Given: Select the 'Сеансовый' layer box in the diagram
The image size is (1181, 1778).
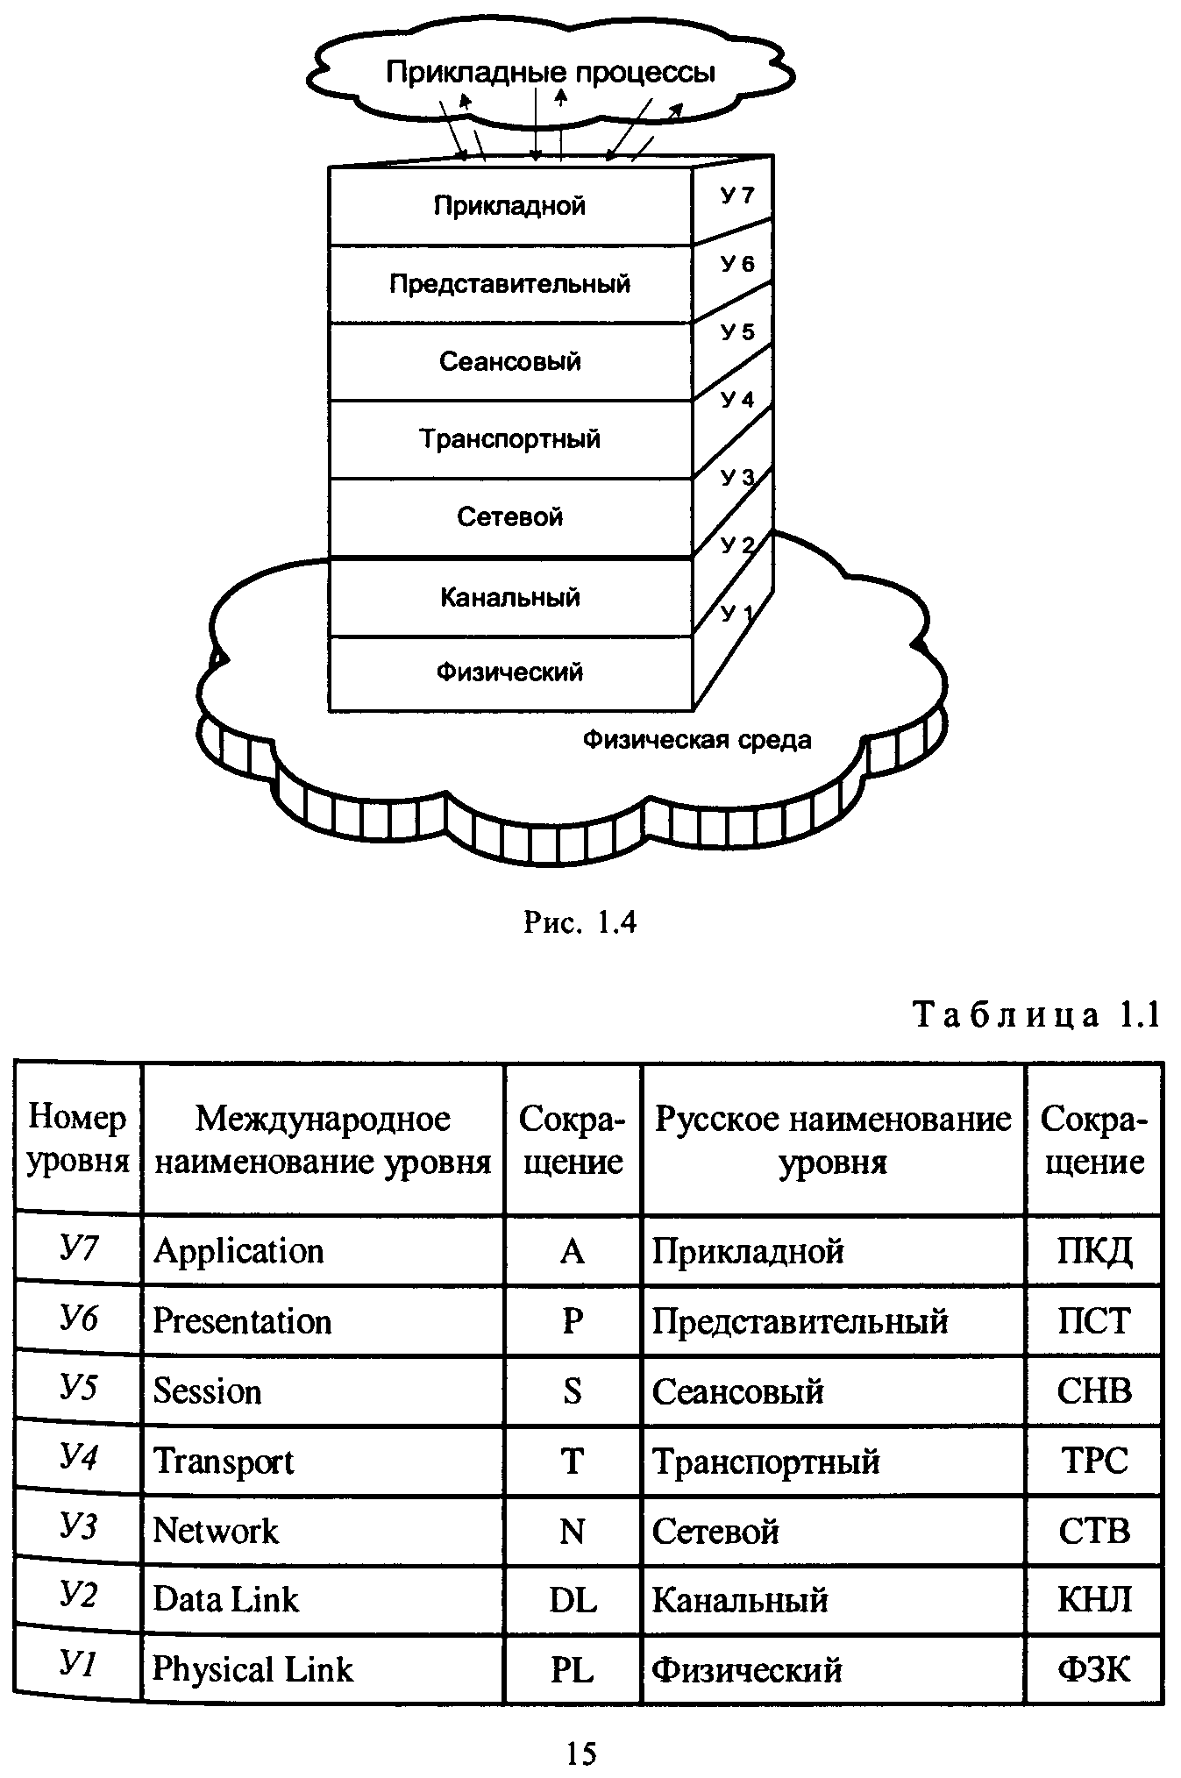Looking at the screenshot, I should pos(509,361).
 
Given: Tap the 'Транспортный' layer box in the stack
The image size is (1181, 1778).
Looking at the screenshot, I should pos(509,438).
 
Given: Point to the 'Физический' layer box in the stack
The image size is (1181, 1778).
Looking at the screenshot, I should pos(509,672).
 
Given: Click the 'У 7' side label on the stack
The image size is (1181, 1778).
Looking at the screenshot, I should pos(736,196).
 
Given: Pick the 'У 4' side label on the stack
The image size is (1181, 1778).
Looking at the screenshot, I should pos(736,400).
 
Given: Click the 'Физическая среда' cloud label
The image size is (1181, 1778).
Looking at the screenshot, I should pos(697,740).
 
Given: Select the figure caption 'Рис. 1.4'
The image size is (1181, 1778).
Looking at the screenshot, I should pos(580,921).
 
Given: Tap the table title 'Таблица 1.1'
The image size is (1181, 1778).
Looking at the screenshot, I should pos(1037,1015).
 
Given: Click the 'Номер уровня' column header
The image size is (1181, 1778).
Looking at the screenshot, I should pos(78,1139).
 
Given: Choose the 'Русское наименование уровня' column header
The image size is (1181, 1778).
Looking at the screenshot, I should pos(833,1140).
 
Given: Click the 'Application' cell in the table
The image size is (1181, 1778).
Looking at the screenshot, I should pos(238,1250).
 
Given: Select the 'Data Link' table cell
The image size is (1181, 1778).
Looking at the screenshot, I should pos(225,1599).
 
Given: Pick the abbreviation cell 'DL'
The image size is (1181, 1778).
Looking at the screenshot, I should pos(573,1600).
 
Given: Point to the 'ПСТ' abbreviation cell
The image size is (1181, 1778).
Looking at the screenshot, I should pos(1094,1320).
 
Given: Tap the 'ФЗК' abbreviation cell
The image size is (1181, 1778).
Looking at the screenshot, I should pos(1094,1668).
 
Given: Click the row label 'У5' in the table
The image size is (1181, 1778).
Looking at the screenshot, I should pos(78,1389).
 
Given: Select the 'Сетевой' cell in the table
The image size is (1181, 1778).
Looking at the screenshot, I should pos(715,1531).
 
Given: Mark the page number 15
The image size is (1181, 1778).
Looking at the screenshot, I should pos(581,1753).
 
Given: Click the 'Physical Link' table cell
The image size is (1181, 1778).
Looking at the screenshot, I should pos(253,1668).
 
